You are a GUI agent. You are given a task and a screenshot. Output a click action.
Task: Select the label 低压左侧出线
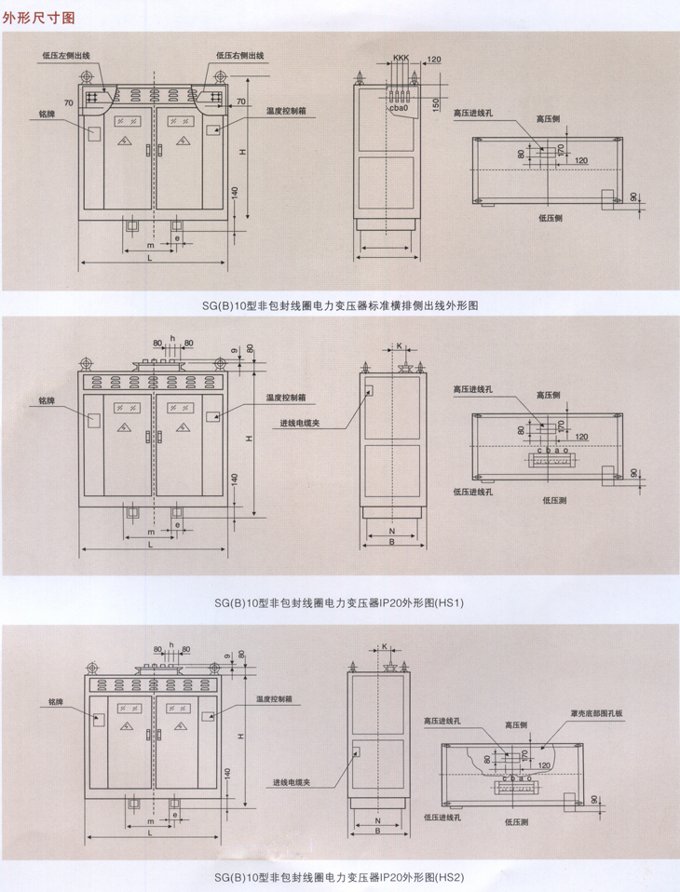(x=66, y=56)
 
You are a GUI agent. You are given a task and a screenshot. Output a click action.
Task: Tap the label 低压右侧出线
(x=240, y=56)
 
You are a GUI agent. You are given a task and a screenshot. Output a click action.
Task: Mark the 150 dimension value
(x=437, y=101)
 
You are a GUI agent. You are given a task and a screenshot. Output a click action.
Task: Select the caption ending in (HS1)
(x=339, y=602)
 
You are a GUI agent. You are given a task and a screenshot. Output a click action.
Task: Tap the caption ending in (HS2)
(x=339, y=876)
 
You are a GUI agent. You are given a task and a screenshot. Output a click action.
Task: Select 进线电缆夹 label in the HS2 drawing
(x=292, y=781)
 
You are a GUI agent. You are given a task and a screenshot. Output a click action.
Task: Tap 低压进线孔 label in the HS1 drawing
(x=472, y=491)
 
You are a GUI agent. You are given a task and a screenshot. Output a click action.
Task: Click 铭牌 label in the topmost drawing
(x=48, y=113)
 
